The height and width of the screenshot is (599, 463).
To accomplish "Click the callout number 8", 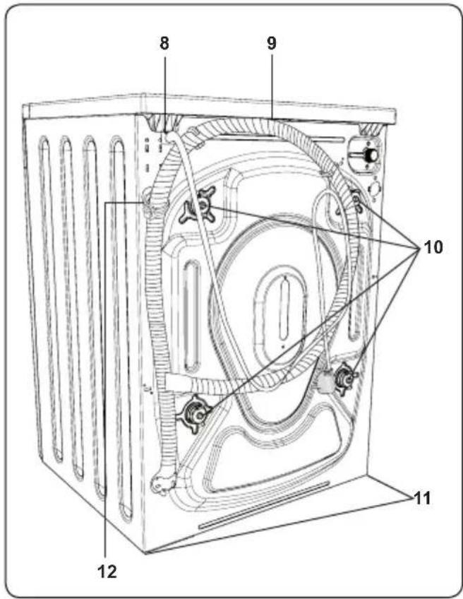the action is pos(164,44).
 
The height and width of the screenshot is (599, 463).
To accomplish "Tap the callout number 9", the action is pos(271,44).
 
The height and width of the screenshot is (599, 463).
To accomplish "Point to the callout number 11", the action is pos(422,498).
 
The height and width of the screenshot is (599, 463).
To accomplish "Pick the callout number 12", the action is pos(107,572).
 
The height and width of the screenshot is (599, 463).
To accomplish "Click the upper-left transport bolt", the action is pos(199,204).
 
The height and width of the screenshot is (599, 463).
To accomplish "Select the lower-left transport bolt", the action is pos(194,414).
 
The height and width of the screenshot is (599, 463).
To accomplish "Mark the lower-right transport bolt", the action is pos(344,378).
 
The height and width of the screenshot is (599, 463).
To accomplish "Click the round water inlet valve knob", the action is pos(371,155).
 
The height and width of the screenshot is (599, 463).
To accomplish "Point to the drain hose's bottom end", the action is pos(163,483).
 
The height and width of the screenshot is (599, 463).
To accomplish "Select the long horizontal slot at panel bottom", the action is pos(264,505).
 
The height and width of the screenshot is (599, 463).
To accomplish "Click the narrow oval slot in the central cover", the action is pos(283,310).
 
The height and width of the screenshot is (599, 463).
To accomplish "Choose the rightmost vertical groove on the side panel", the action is pos(121,328).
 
